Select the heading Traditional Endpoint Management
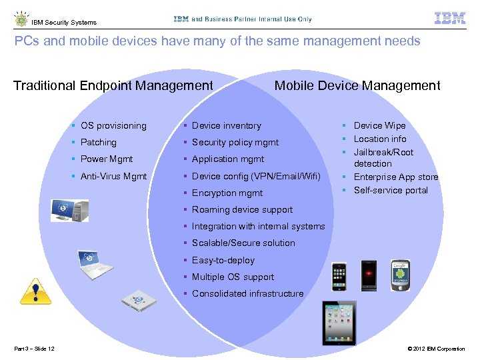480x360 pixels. pos(113,85)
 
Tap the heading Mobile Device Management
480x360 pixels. pos(357,85)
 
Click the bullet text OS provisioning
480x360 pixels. pos(113,125)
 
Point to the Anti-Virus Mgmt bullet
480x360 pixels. pos(113,176)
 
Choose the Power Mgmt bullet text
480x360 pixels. pos(107,159)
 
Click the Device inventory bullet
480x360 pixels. pos(227,125)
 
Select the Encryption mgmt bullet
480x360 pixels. pos(227,193)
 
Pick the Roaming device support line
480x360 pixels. pos(242,209)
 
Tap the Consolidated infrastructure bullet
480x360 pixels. pos(247,293)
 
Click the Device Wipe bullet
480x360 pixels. pos(379,125)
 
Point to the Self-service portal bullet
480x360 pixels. pos(391,190)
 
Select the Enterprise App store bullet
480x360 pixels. pos(396,177)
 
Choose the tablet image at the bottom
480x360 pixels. pos(339,323)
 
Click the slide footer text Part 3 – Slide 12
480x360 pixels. pos(34,349)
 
